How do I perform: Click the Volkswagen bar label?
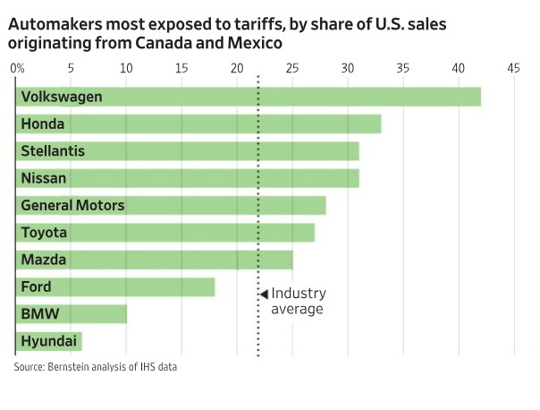click(x=62, y=97)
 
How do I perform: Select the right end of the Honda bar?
click(x=380, y=124)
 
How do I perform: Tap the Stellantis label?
click(x=53, y=151)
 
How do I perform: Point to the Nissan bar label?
click(x=44, y=178)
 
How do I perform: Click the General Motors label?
click(x=72, y=206)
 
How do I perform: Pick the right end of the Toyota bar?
click(x=313, y=233)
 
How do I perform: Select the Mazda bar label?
click(x=43, y=261)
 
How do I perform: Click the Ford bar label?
click(x=37, y=287)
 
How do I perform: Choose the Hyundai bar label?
click(x=47, y=342)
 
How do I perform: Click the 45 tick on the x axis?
click(x=513, y=68)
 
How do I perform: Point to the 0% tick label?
click(x=17, y=68)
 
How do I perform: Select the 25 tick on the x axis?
click(x=292, y=68)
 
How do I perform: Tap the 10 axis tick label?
click(x=126, y=68)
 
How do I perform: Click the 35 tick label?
click(x=402, y=68)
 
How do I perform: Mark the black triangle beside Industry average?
click(x=264, y=294)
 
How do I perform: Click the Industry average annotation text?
click(x=299, y=301)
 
